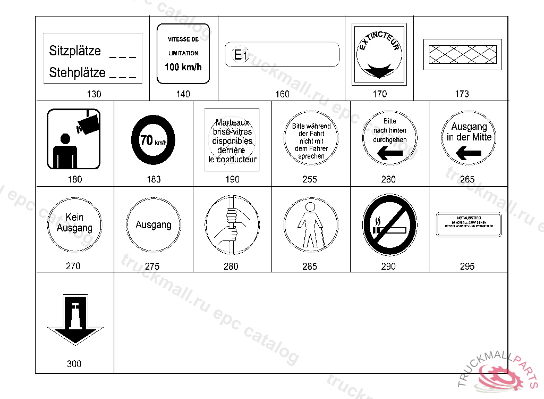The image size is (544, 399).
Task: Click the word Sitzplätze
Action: click(75, 51)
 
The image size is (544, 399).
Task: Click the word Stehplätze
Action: click(77, 72)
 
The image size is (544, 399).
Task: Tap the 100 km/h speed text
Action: click(183, 67)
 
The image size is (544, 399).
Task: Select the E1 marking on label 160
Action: click(241, 55)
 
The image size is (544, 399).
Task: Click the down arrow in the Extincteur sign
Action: click(379, 69)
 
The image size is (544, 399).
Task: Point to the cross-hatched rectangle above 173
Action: click(462, 54)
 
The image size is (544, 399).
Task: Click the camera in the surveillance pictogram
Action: click(88, 122)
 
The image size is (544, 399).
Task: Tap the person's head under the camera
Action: click(65, 139)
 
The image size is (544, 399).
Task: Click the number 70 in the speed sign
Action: click(147, 140)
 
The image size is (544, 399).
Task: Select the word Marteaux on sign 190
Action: click(232, 122)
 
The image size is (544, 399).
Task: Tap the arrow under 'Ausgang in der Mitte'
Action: click(468, 153)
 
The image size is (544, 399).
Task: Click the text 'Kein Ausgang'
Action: click(74, 223)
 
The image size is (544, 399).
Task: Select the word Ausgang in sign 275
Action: click(153, 225)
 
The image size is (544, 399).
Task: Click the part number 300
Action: click(74, 364)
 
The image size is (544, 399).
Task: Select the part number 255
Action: click(310, 179)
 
